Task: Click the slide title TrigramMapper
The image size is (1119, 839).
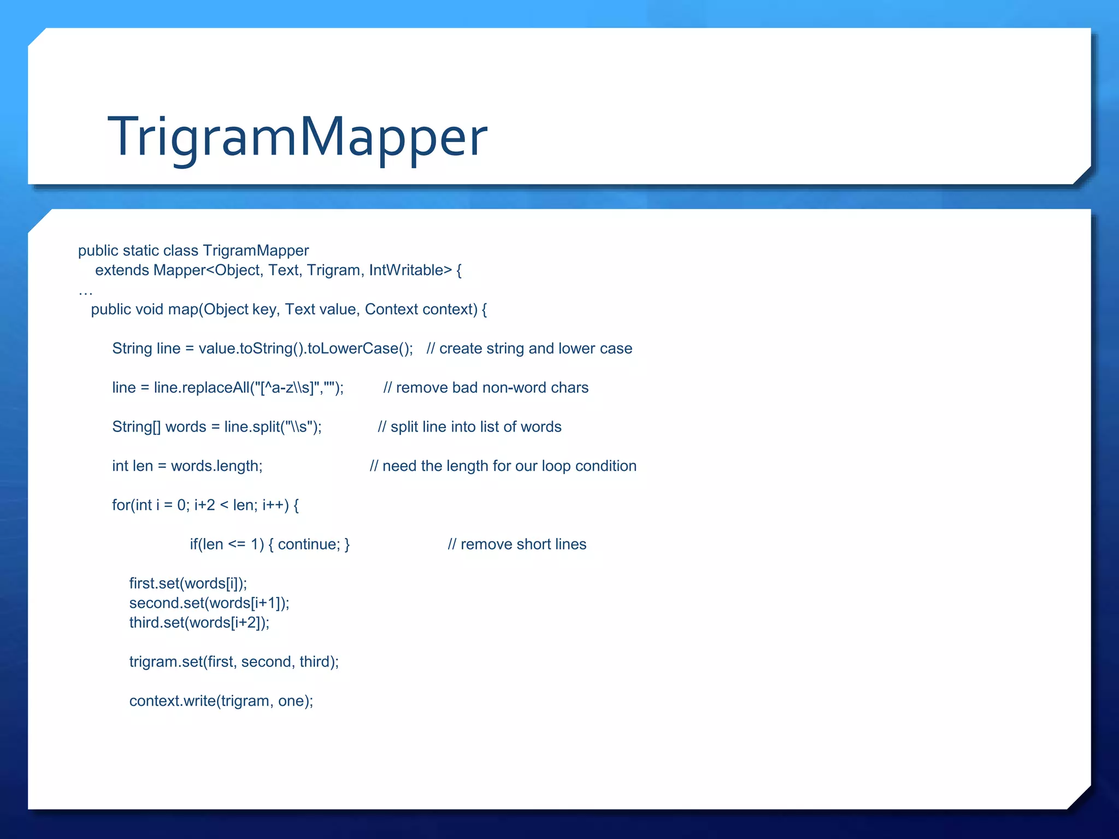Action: [x=297, y=137]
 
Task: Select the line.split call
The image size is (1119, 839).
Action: [x=273, y=427]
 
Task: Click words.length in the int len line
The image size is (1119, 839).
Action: [x=216, y=466]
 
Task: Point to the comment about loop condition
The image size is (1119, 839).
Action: [x=503, y=466]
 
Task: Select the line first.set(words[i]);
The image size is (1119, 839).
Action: [x=188, y=583]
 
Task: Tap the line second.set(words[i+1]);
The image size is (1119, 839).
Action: [x=209, y=603]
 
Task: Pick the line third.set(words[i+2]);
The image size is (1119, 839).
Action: [x=199, y=623]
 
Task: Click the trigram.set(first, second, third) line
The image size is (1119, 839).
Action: [x=234, y=662]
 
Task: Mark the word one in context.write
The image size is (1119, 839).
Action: [x=291, y=701]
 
